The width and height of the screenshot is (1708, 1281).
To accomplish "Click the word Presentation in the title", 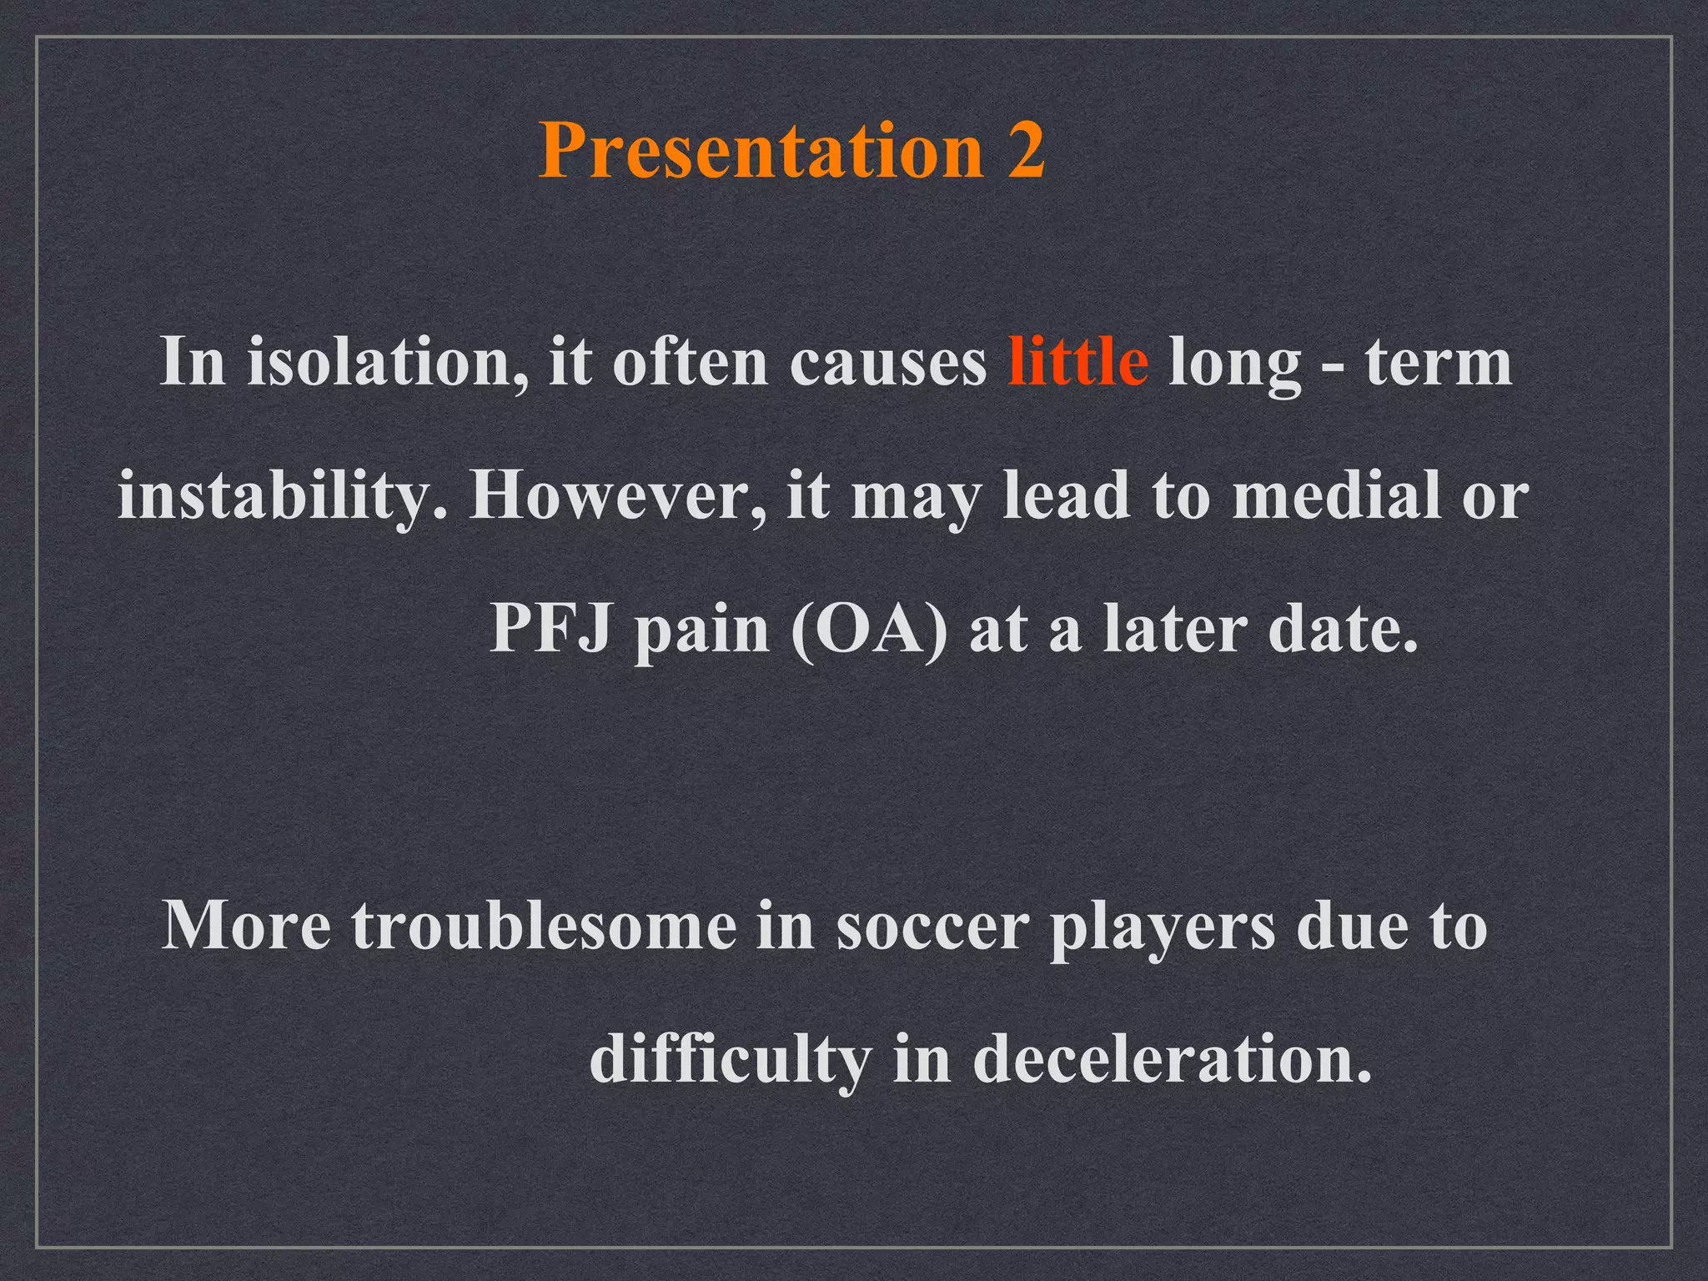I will pyautogui.click(x=761, y=150).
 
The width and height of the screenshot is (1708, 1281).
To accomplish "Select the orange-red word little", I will pyautogui.click(x=1077, y=362).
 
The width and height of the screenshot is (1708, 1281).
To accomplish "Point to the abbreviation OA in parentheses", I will pyautogui.click(x=868, y=629).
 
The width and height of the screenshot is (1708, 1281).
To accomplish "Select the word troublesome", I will pyautogui.click(x=544, y=926).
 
